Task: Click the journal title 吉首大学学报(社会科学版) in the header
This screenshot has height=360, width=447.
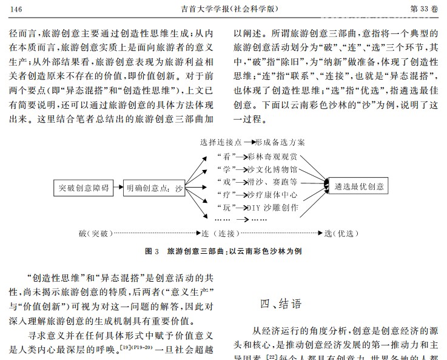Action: [x=224, y=9]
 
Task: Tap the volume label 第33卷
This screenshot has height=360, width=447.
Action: [x=423, y=9]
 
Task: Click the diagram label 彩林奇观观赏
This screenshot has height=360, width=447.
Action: [x=273, y=157]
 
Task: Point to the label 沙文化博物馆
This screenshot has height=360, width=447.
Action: [x=273, y=169]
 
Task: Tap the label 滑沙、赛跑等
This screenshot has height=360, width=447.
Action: [x=273, y=182]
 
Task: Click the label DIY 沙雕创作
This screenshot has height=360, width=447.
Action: [x=273, y=207]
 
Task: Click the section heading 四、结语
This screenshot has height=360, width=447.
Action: [x=280, y=303]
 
